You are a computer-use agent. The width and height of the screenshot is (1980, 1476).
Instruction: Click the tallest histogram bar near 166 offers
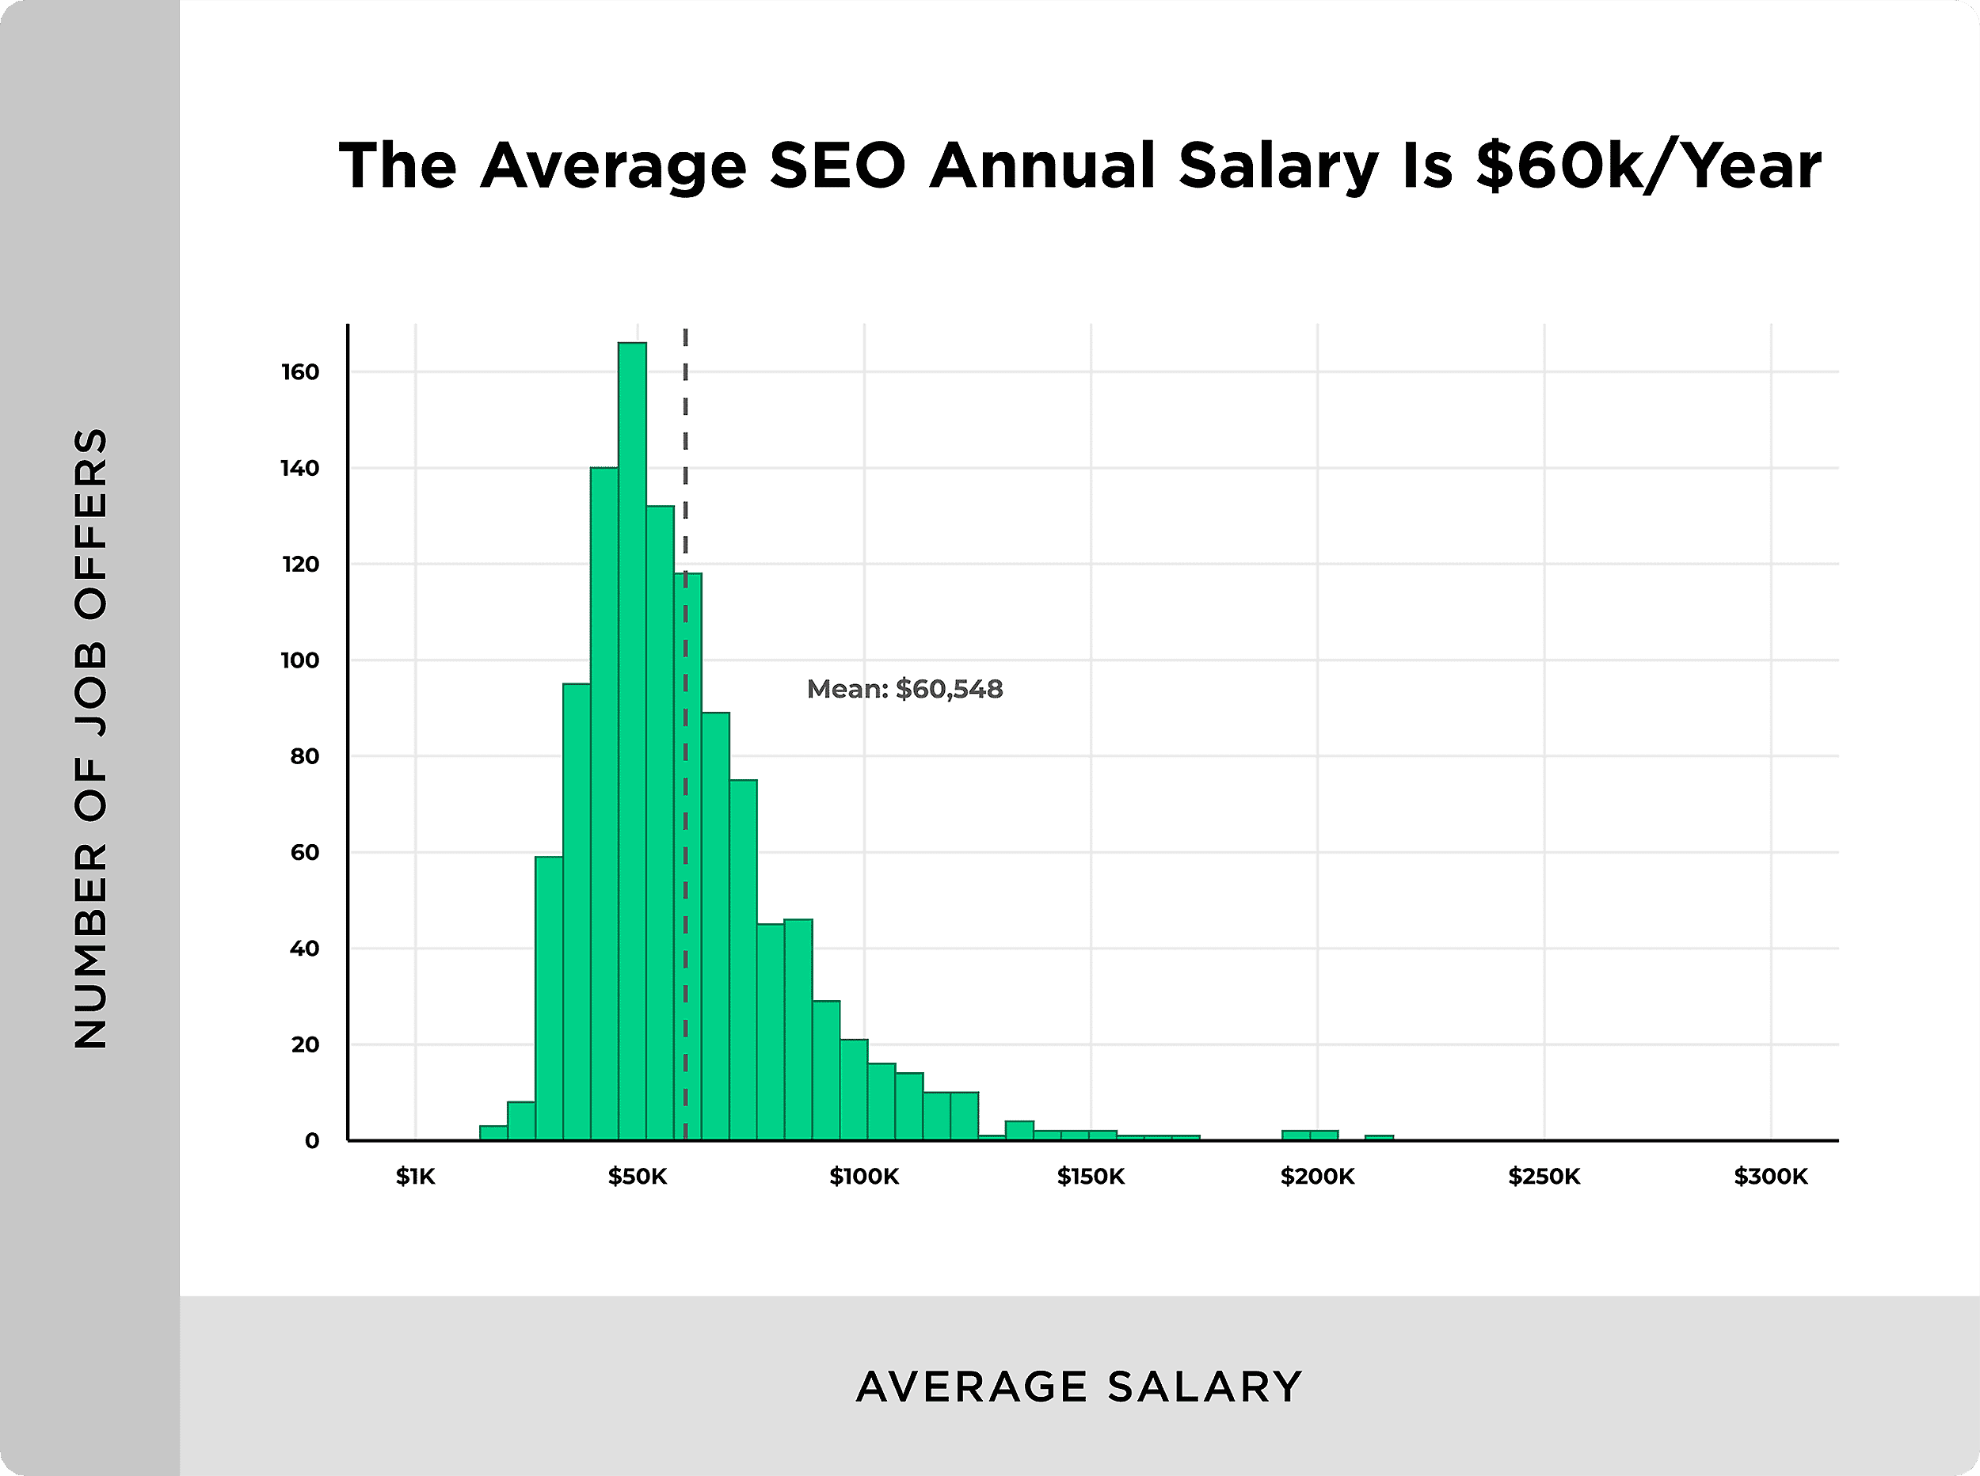(x=632, y=742)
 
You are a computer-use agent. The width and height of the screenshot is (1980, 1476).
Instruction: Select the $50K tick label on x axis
(x=637, y=1177)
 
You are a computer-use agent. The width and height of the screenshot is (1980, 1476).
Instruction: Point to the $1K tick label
(x=416, y=1177)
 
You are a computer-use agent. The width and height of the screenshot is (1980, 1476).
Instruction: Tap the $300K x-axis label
(x=1770, y=1177)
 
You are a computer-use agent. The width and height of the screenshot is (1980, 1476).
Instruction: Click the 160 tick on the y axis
(x=300, y=371)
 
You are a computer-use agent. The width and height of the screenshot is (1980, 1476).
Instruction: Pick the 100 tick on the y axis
(x=300, y=660)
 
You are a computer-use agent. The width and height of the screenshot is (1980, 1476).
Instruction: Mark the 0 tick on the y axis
(x=312, y=1141)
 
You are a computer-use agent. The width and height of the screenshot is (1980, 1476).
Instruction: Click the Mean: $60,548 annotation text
(x=904, y=689)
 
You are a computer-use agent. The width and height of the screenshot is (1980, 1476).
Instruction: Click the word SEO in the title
(x=837, y=166)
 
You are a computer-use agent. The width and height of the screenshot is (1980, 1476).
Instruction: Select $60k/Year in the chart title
(x=1647, y=166)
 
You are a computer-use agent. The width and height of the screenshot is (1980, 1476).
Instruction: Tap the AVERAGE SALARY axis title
(x=1079, y=1387)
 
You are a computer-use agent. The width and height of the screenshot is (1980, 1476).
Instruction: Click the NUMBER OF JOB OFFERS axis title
(x=90, y=738)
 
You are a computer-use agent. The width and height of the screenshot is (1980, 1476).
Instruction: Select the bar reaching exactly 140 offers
(x=604, y=804)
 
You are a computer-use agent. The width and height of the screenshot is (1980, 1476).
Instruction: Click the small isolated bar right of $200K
(x=1379, y=1137)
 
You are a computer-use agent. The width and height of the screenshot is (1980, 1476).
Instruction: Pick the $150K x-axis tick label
(x=1090, y=1177)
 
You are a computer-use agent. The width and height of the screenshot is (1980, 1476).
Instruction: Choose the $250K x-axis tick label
(x=1544, y=1177)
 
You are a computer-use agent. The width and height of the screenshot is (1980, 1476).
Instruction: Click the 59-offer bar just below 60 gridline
(x=549, y=998)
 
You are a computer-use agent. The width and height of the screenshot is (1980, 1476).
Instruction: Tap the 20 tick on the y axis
(x=305, y=1044)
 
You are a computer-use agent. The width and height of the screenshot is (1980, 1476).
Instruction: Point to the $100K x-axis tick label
(x=863, y=1177)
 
